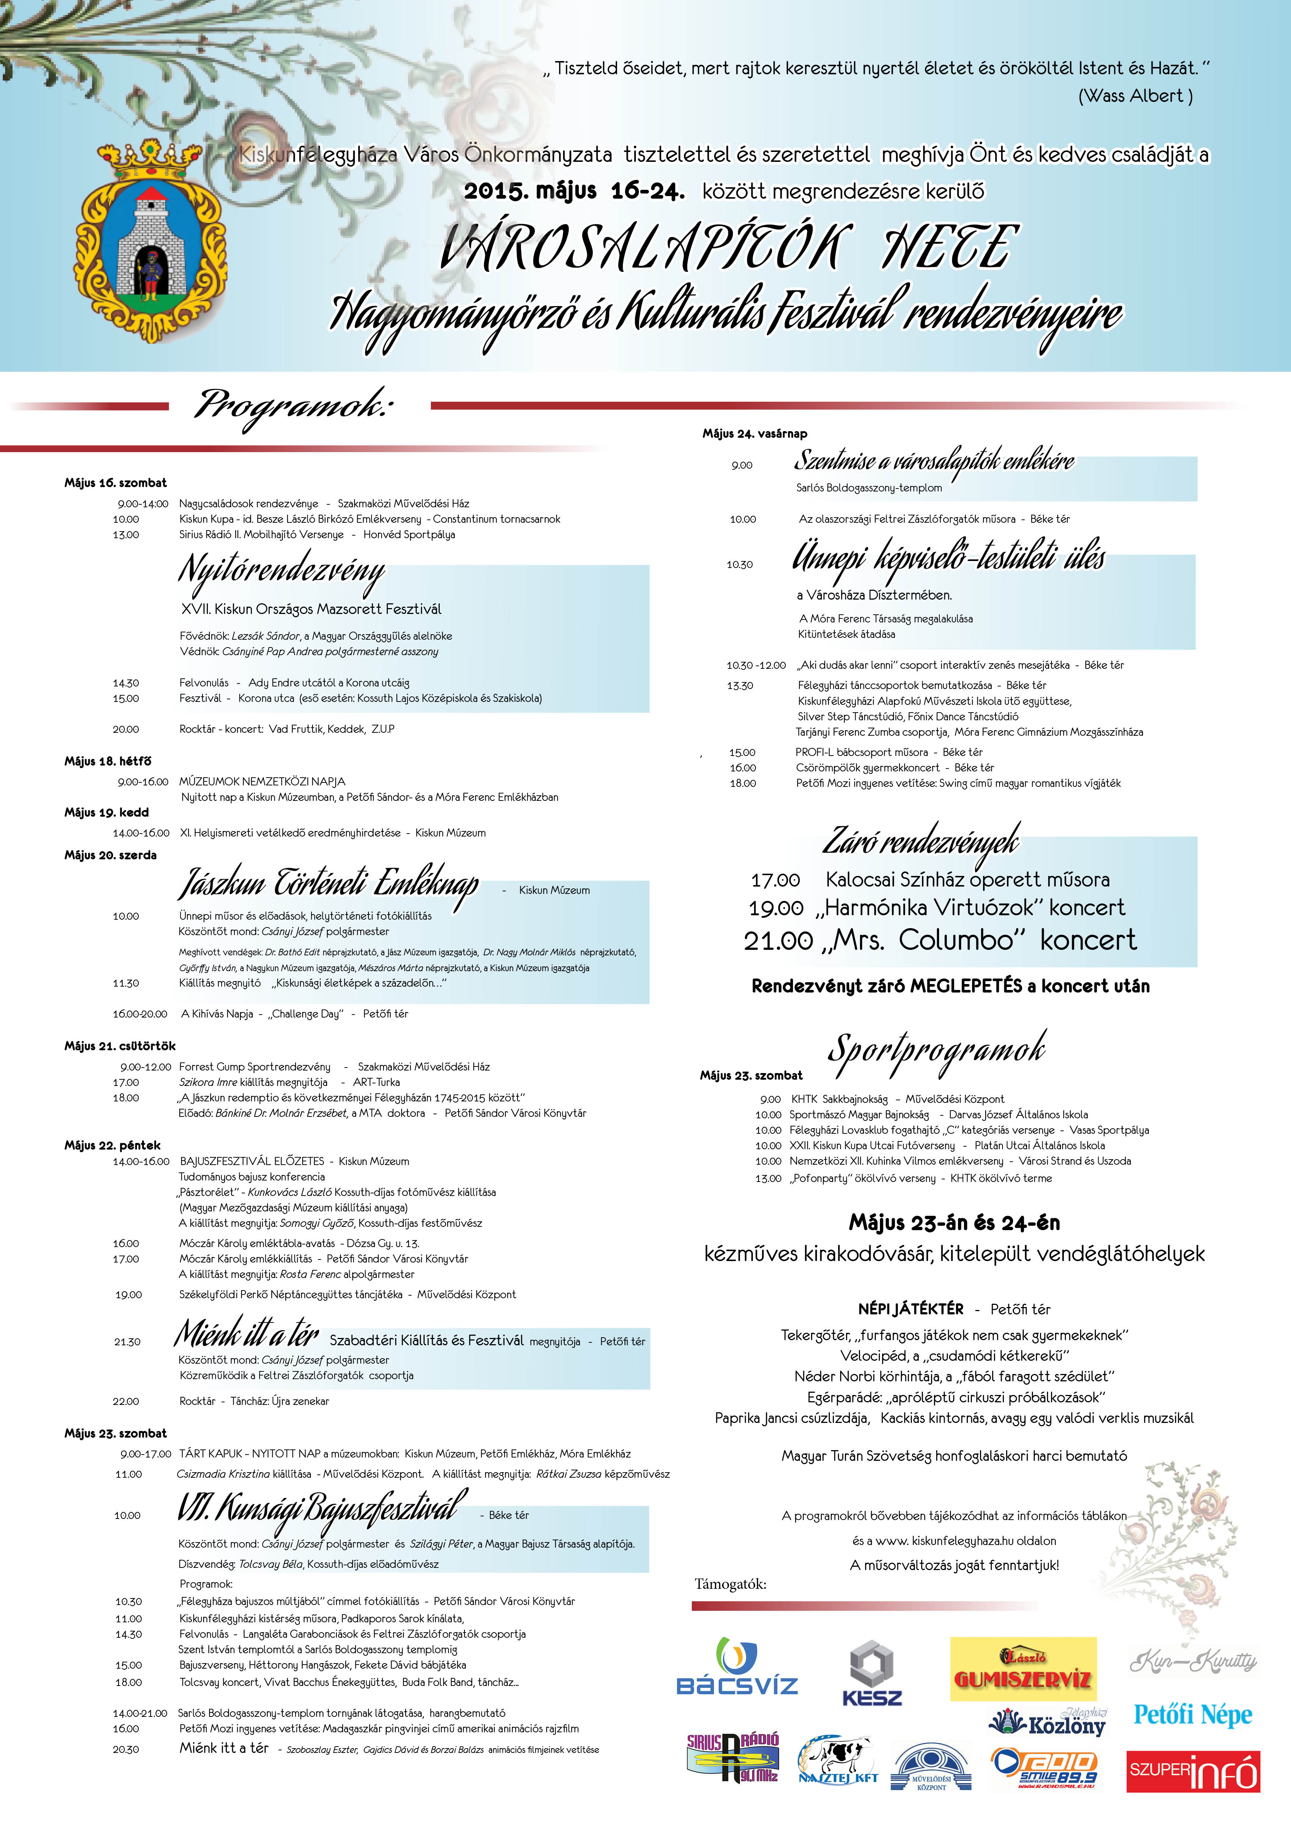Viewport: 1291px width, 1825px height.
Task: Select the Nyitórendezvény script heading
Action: [282, 570]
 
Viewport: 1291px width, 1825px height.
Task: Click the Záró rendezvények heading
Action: [920, 840]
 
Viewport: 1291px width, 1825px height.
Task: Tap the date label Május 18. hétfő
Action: [107, 761]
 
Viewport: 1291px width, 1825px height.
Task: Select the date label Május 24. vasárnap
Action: [754, 433]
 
